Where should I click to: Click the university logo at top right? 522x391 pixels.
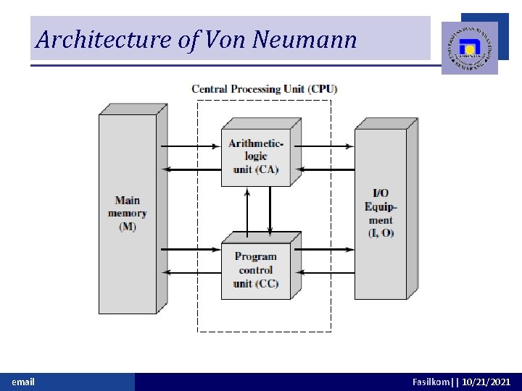[470, 48]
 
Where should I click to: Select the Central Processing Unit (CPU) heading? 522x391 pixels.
[265, 89]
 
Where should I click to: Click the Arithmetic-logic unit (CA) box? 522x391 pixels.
[256, 156]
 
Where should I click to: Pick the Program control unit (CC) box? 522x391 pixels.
[256, 270]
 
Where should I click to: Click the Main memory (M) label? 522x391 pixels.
[128, 214]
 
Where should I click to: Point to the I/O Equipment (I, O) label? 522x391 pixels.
[381, 214]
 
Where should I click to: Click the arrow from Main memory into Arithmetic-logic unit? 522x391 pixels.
[190, 146]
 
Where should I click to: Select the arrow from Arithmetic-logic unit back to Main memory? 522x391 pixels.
[190, 169]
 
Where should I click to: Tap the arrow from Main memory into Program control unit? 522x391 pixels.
[190, 250]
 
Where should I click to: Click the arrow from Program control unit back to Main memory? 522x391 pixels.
[190, 273]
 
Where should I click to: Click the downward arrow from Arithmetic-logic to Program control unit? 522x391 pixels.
[270, 210]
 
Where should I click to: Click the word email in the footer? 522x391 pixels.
[23, 382]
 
